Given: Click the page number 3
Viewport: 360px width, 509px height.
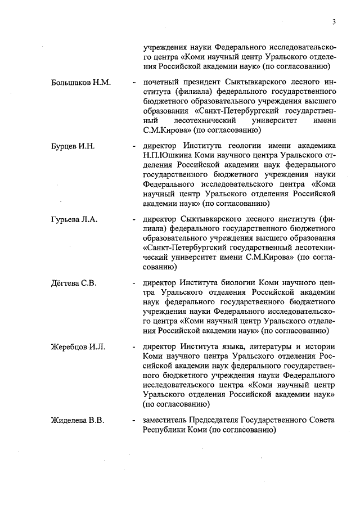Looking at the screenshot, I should (x=334, y=22).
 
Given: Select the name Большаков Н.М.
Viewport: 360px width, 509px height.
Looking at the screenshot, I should (x=81, y=82).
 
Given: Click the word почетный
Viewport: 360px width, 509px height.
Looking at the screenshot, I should (x=160, y=82).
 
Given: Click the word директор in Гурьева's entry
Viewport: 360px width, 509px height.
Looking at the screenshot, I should (x=160, y=219).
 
